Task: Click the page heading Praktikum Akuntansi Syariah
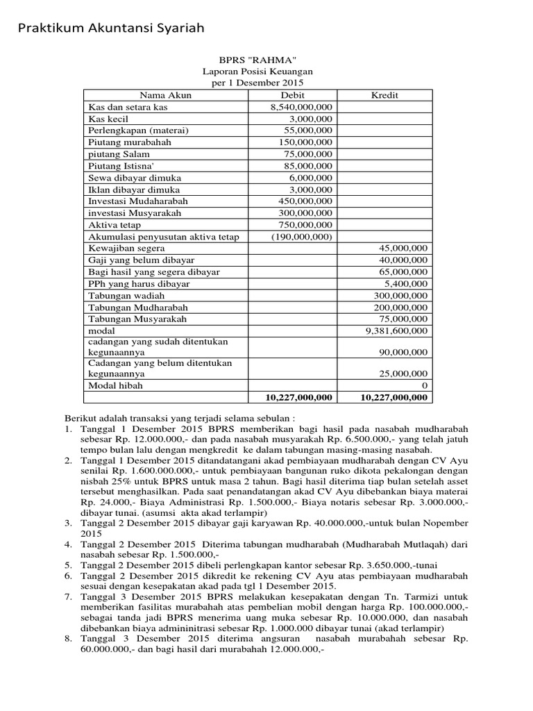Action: pyautogui.click(x=111, y=28)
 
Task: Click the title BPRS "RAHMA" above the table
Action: pyautogui.click(x=257, y=60)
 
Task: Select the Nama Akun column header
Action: pyautogui.click(x=165, y=95)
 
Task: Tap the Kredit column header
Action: pyautogui.click(x=384, y=95)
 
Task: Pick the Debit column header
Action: pyautogui.click(x=293, y=95)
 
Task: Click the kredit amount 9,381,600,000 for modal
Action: pyautogui.click(x=394, y=331)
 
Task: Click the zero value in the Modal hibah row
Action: pyautogui.click(x=425, y=385)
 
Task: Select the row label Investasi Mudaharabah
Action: pyautogui.click(x=138, y=201)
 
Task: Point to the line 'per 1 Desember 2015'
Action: pyautogui.click(x=257, y=83)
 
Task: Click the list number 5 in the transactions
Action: pyautogui.click(x=69, y=564)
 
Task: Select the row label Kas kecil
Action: pyautogui.click(x=108, y=119)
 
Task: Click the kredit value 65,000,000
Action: pyautogui.click(x=401, y=272)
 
